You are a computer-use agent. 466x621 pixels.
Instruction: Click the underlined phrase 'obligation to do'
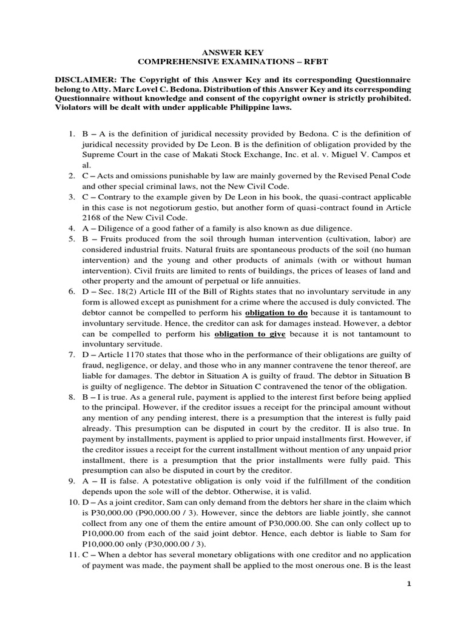pyautogui.click(x=276, y=312)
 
